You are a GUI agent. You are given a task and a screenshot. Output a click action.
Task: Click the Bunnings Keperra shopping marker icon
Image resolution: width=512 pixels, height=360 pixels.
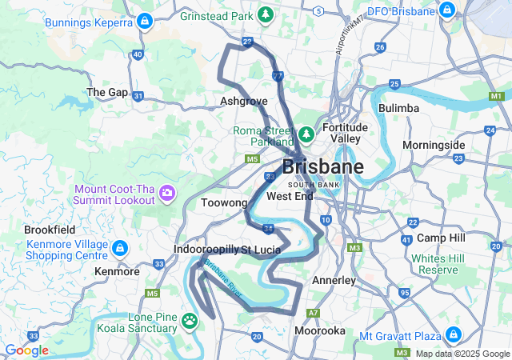point(146,22)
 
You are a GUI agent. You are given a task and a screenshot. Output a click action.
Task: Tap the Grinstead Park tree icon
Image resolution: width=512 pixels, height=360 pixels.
point(265,15)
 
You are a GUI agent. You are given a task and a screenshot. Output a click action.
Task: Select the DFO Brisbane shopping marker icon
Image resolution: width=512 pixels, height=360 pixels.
point(446,12)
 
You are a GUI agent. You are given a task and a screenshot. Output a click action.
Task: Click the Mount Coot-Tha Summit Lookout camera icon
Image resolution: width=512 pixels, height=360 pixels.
point(167,193)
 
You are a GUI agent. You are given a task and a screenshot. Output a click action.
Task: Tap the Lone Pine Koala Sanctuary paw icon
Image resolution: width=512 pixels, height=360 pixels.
point(190,322)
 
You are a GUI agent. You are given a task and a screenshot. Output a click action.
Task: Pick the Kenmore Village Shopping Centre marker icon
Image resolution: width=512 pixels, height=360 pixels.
point(120,249)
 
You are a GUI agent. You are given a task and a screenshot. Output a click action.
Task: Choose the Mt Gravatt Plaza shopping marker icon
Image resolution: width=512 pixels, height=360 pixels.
point(454,334)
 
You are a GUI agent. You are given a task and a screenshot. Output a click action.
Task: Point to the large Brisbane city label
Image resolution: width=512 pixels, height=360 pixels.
point(322,167)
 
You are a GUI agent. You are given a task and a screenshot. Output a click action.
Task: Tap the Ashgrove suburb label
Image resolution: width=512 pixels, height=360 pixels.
point(244,102)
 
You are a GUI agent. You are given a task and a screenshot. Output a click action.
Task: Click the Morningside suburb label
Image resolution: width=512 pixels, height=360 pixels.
point(434,145)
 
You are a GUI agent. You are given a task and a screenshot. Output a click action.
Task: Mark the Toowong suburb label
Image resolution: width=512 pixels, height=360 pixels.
point(225,203)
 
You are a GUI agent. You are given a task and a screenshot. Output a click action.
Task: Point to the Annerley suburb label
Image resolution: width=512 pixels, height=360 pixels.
point(333,281)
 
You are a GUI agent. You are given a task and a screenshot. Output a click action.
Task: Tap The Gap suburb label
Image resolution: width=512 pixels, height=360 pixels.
point(107,93)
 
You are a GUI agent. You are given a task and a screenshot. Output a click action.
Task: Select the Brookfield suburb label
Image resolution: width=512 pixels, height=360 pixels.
point(49,229)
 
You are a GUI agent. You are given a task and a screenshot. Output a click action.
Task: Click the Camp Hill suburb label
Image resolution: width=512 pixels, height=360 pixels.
point(441,238)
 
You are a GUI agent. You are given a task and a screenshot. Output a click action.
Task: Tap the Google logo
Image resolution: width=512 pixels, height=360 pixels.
point(26,350)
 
